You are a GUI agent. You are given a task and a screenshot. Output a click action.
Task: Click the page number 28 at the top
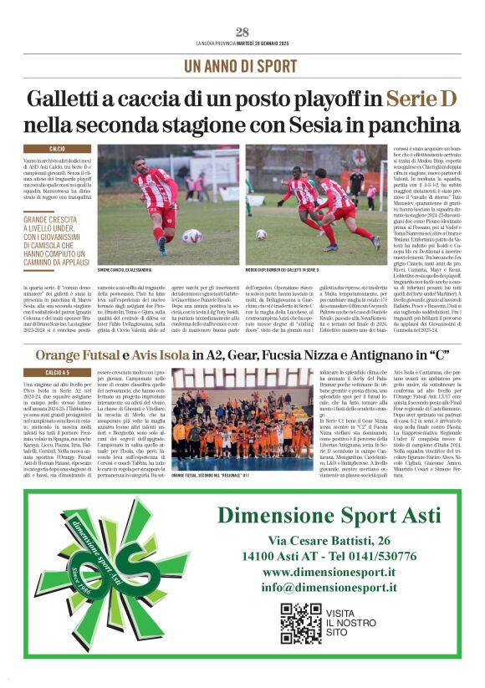(x=242, y=32)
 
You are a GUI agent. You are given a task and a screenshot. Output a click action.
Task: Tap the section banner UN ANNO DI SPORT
(x=241, y=66)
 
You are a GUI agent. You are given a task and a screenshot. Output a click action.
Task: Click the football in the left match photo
(x=191, y=236)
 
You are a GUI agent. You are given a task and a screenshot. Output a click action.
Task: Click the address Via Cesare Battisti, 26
(x=329, y=540)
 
